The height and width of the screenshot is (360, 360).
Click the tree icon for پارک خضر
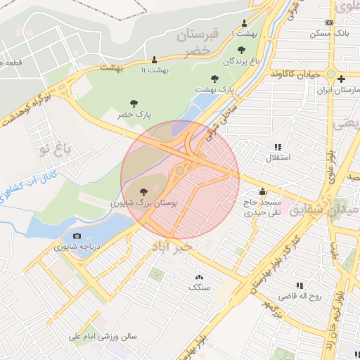point(134,103)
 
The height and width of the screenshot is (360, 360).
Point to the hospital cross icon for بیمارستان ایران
point(340,79)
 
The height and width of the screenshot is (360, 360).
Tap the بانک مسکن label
point(330,32)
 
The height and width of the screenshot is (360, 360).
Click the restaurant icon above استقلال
point(278,147)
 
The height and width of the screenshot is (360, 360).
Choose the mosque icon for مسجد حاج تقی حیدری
point(262,191)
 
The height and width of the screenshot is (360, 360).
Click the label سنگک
point(198,287)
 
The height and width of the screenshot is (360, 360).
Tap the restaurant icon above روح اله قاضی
point(300,285)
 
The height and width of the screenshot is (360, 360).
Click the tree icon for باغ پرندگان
point(242,50)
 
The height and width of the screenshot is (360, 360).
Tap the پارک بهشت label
point(214,89)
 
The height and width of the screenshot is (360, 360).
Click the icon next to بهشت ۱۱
point(155,59)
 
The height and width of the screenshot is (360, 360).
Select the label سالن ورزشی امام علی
point(103,337)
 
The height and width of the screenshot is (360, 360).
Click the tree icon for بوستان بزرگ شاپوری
point(143,191)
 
